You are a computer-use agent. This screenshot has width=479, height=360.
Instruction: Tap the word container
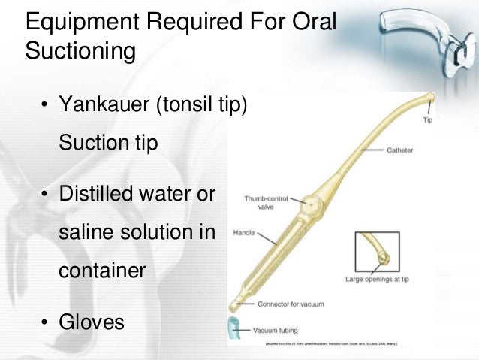tap(101, 270)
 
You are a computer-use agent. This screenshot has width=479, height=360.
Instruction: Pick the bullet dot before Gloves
tap(45, 323)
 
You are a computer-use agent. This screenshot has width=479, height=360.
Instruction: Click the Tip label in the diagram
tap(428, 120)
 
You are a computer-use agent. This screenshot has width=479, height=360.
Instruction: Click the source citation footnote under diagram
tap(331, 343)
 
